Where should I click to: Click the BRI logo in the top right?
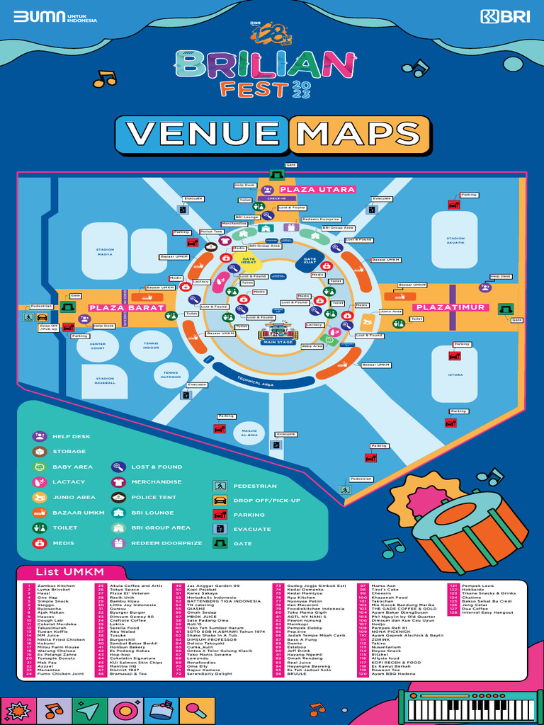tap(504, 17)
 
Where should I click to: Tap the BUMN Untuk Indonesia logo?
tap(47, 17)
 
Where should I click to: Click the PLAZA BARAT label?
tap(127, 308)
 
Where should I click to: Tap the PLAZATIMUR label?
tap(450, 307)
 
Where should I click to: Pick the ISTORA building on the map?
tap(455, 374)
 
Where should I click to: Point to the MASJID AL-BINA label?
tap(249, 433)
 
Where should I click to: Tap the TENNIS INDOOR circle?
tap(150, 346)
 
